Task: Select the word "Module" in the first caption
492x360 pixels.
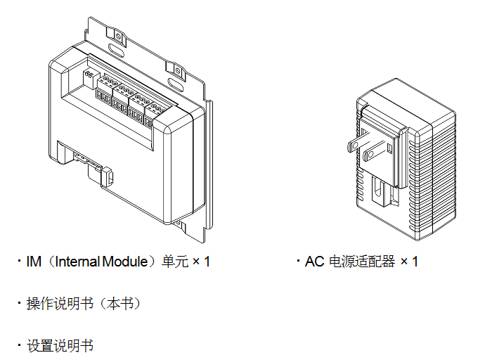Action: pyautogui.click(x=124, y=262)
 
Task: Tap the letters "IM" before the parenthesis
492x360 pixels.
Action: pyautogui.click(x=33, y=262)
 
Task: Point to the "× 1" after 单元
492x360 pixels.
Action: pyautogui.click(x=202, y=262)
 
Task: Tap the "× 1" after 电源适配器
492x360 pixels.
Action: pyautogui.click(x=410, y=262)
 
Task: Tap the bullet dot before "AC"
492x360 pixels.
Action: pyautogui.click(x=298, y=262)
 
